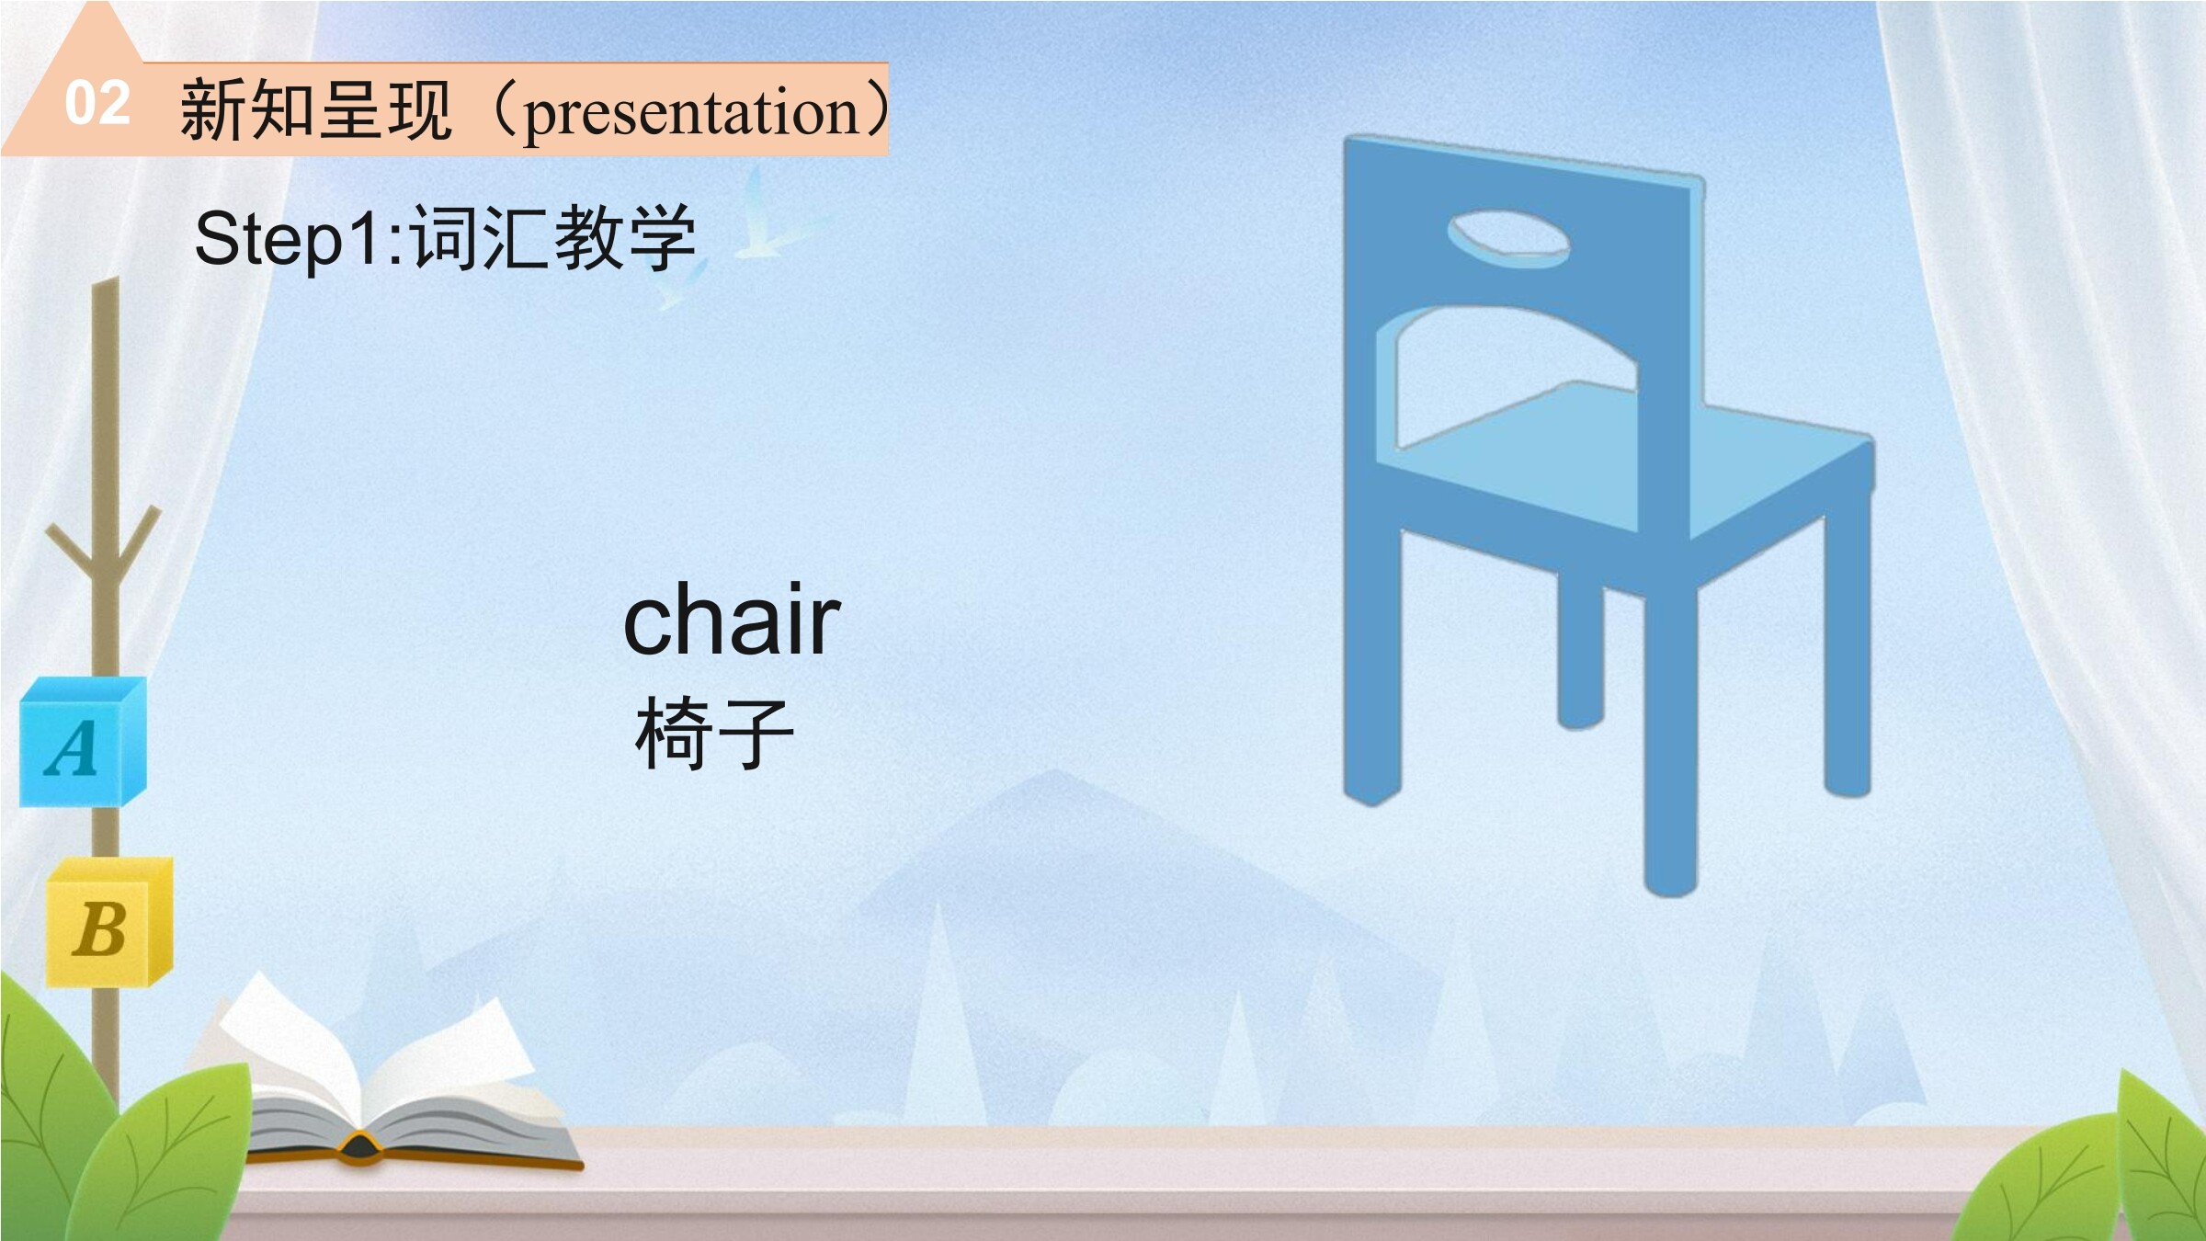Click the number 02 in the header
97,103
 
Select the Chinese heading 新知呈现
315,109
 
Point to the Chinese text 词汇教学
551,237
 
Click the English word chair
732,620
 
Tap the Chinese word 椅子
714,733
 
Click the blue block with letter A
83,742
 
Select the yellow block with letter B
109,922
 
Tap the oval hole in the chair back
1508,239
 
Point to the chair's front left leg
1372,662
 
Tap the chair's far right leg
1848,653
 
